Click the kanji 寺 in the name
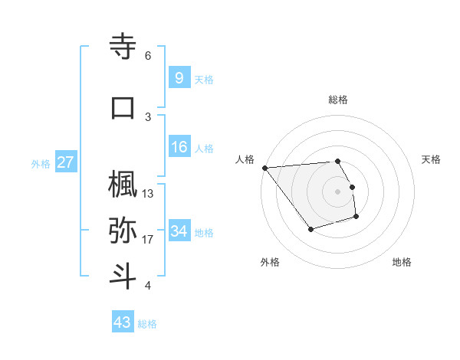point(123,46)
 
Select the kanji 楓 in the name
point(123,184)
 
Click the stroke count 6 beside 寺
point(148,56)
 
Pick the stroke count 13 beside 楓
point(148,194)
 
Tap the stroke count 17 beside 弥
point(148,240)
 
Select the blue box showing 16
point(179,146)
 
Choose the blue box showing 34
point(179,231)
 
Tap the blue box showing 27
point(65,162)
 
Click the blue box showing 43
point(122,322)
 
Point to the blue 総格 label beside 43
point(147,324)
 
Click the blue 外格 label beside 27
point(41,163)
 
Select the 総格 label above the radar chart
point(338,100)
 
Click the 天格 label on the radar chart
point(431,159)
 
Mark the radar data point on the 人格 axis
point(264,168)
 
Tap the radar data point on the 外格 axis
point(310,229)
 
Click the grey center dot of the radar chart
point(338,191)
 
